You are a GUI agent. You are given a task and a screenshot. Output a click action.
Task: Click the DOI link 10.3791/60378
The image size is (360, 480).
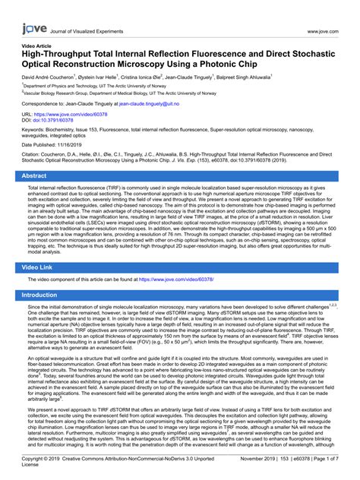[58, 120]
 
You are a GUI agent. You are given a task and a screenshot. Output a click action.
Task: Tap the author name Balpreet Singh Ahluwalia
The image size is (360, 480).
[243, 77]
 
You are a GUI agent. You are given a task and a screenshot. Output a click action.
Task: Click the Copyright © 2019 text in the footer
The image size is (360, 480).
[39, 459]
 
